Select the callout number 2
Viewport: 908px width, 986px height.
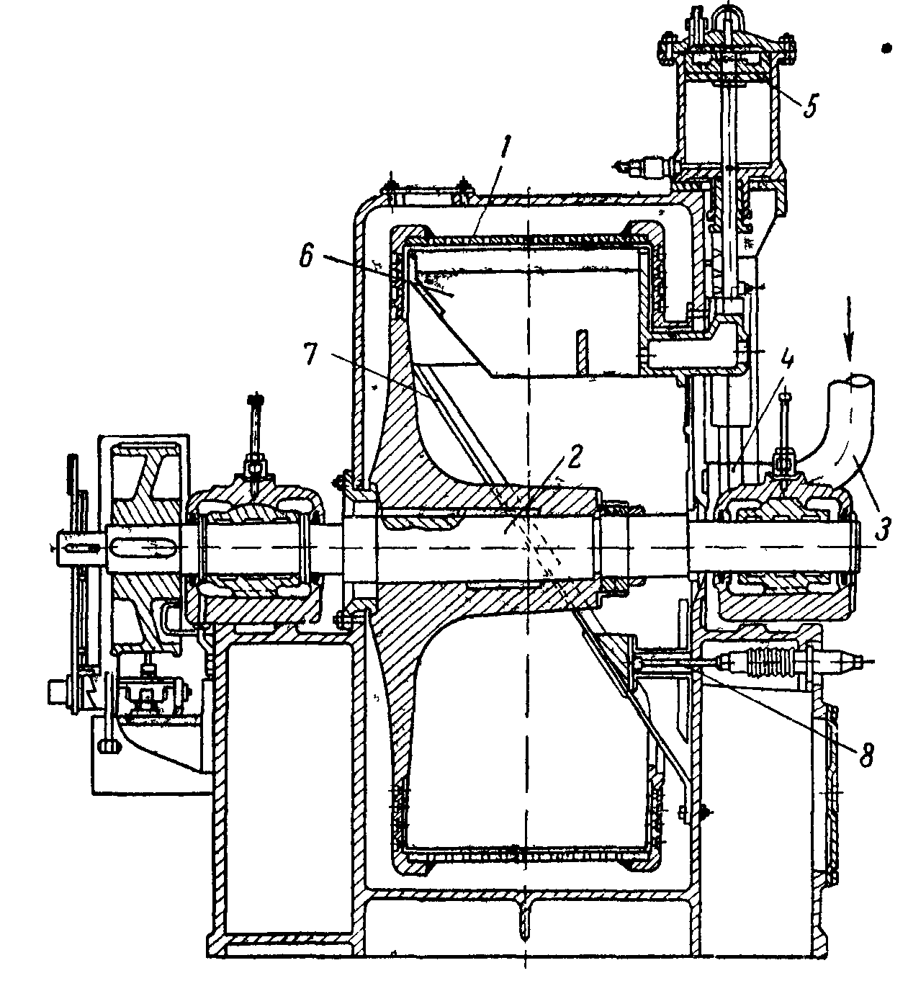point(573,456)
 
